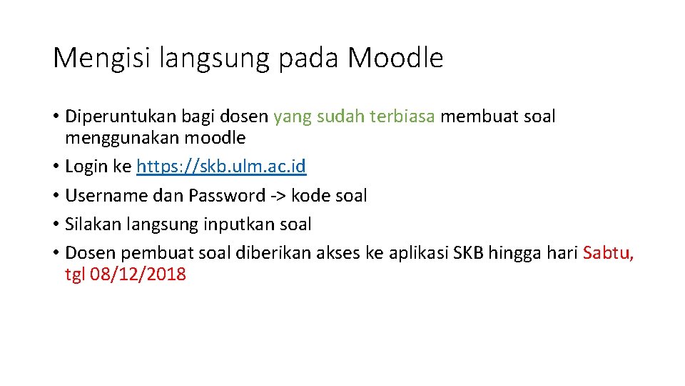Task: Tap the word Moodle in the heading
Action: (x=395, y=58)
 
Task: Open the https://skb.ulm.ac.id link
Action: (x=221, y=167)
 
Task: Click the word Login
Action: (x=86, y=167)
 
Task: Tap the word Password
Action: (x=226, y=196)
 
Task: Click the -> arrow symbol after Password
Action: (x=278, y=196)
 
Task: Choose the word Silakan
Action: (x=91, y=224)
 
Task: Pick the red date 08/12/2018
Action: (x=138, y=274)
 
